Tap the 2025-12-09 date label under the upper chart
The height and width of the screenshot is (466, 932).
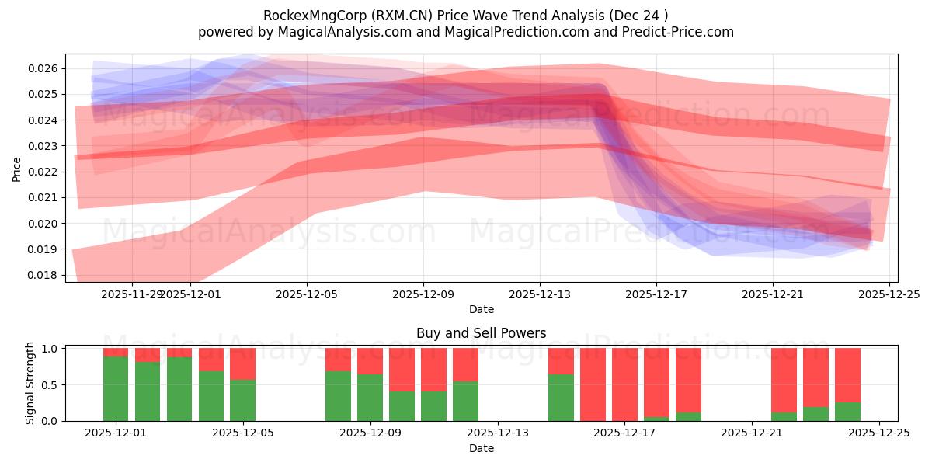[423, 294]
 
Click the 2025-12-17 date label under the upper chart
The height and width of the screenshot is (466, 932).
[656, 294]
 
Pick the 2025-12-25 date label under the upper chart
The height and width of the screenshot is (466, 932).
[889, 294]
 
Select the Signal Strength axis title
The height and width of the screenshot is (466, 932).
[30, 383]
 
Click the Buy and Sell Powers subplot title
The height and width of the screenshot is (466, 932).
[481, 333]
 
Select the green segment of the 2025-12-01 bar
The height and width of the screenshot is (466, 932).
[116, 388]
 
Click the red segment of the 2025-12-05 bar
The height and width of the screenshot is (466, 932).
[243, 363]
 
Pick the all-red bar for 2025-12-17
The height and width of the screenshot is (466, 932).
[624, 384]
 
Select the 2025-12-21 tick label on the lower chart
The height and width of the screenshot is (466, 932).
[752, 433]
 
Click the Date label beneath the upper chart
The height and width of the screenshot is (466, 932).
[481, 309]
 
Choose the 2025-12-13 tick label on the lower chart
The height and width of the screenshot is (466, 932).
[498, 433]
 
